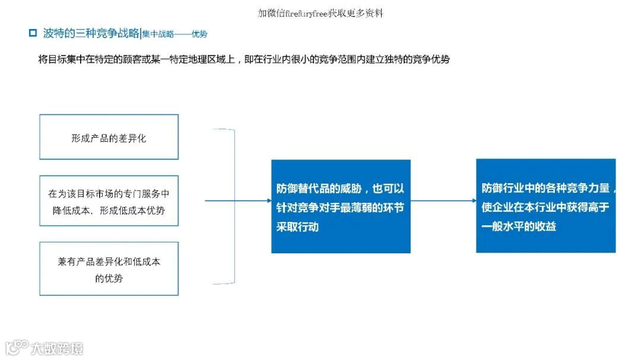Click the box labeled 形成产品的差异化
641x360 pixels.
pyautogui.click(x=109, y=137)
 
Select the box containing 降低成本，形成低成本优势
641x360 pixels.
pyautogui.click(x=109, y=200)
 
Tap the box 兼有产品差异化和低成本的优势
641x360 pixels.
pyautogui.click(x=109, y=269)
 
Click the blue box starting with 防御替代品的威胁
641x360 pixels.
pyautogui.click(x=341, y=206)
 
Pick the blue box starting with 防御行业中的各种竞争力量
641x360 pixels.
pyautogui.click(x=545, y=206)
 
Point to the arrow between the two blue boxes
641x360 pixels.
pyautogui.click(x=443, y=200)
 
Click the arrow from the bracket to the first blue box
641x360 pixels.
pyautogui.click(x=237, y=200)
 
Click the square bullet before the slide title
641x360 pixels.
pyautogui.click(x=33, y=33)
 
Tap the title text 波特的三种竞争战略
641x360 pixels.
pyautogui.click(x=91, y=33)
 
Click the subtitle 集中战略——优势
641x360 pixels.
pyautogui.click(x=174, y=34)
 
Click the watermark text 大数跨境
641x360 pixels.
pyautogui.click(x=58, y=348)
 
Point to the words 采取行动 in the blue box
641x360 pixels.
pyautogui.click(x=297, y=227)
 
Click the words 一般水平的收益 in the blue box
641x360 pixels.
pyautogui.click(x=519, y=226)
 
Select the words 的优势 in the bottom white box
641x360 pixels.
pyautogui.click(x=109, y=278)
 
